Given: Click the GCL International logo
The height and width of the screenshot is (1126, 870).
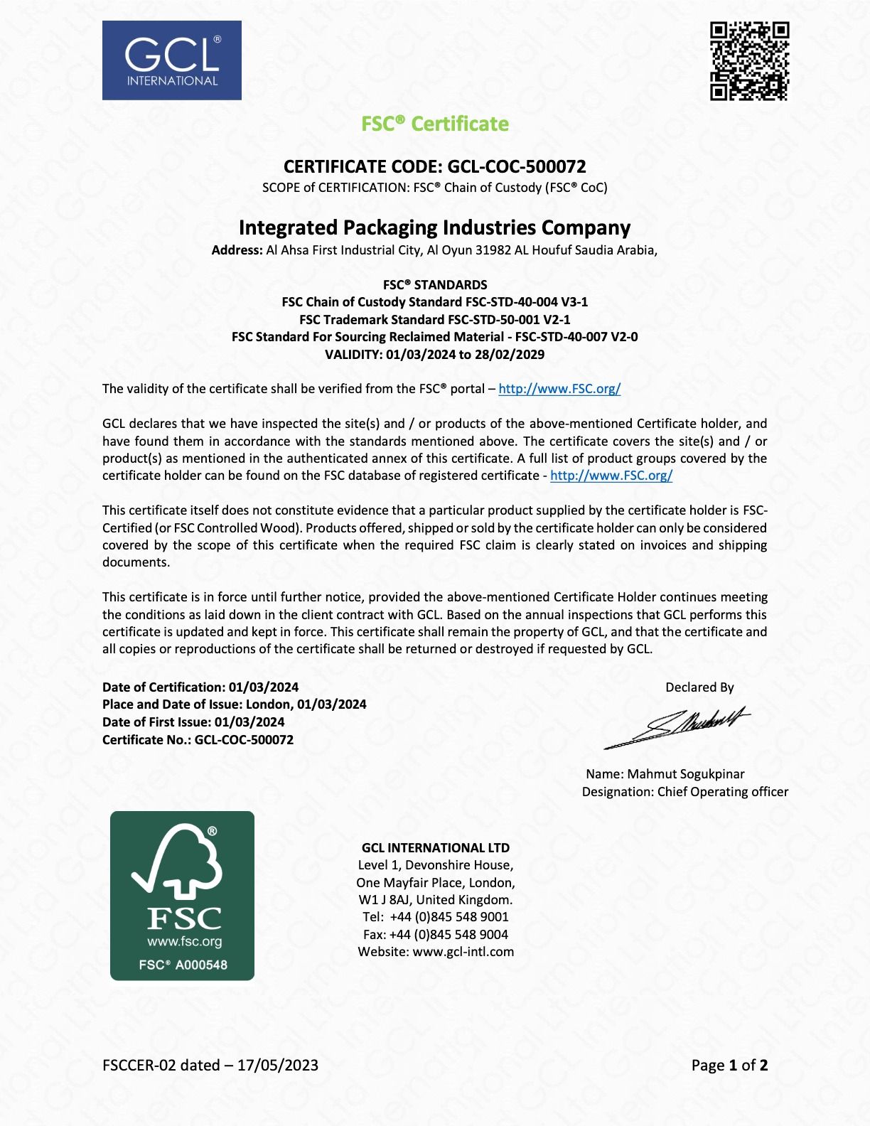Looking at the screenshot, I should (x=172, y=60).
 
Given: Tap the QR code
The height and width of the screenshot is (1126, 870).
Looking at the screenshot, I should (x=749, y=61).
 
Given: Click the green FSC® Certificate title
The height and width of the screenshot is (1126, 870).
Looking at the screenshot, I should (x=435, y=124).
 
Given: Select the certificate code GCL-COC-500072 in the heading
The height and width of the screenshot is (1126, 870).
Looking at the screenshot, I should (x=517, y=166).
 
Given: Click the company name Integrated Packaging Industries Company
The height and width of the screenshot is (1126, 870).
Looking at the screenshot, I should (x=435, y=227).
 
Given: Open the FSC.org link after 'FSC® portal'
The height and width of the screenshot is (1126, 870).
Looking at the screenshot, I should (x=559, y=389).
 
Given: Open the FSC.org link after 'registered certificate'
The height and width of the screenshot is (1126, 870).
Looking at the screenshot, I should (x=611, y=476).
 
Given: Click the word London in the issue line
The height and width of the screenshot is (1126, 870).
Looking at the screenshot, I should (x=269, y=704).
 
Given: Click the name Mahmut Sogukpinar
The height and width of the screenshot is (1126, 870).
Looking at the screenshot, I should (x=686, y=774).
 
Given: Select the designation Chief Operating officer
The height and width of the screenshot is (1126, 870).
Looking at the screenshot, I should (x=723, y=792).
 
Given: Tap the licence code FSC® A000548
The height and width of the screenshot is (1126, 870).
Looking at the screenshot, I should (x=183, y=965).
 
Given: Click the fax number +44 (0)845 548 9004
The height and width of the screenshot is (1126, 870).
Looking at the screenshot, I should (x=449, y=935).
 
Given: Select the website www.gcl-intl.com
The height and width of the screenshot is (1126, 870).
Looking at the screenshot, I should (x=463, y=952).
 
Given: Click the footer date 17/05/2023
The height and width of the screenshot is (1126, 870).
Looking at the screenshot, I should (x=278, y=1066).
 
